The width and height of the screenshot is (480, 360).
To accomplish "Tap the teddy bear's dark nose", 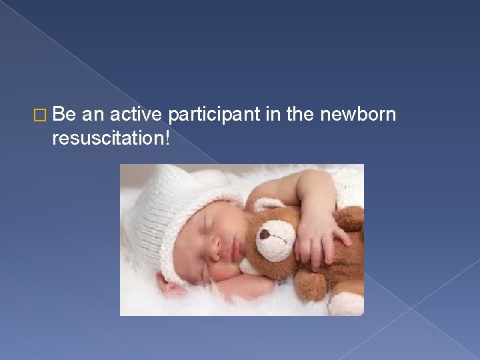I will pyautogui.click(x=265, y=235).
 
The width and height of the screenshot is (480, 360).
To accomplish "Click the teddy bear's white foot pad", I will pyautogui.click(x=345, y=304).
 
